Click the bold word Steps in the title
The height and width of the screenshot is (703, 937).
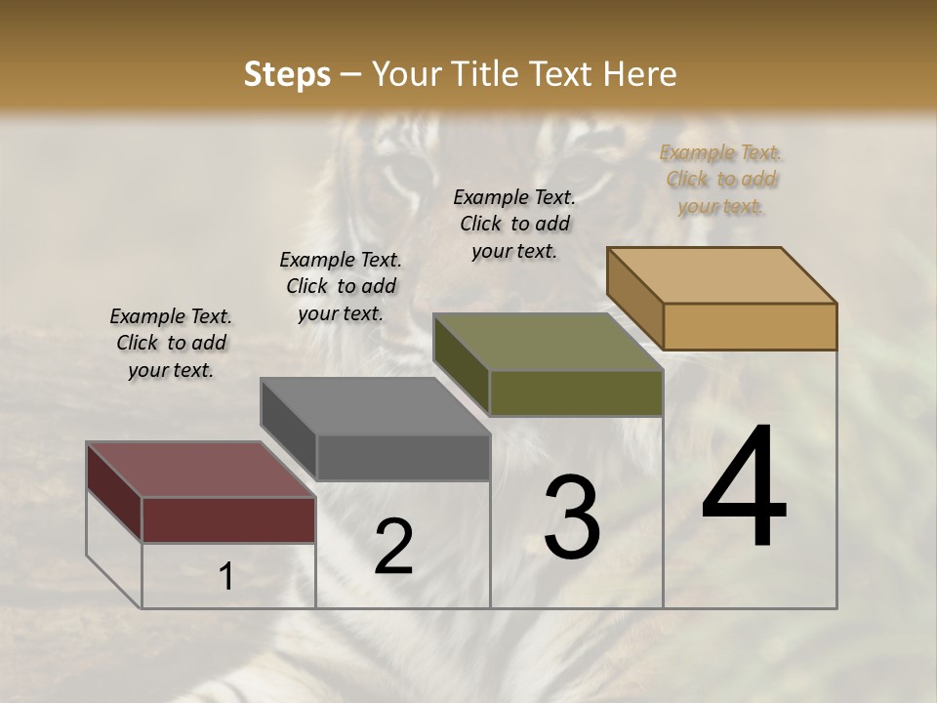[287, 74]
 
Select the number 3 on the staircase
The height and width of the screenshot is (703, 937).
[572, 517]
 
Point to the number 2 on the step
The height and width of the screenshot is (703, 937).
[394, 547]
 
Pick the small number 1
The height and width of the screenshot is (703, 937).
[225, 577]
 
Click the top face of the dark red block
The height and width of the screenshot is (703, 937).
[200, 470]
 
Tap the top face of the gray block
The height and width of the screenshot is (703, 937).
[375, 406]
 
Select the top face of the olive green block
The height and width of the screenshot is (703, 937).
[548, 342]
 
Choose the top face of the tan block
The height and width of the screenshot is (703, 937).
[721, 275]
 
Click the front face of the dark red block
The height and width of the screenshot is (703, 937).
[228, 519]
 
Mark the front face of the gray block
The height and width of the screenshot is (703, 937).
[403, 457]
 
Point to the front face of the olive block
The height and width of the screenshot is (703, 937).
[576, 393]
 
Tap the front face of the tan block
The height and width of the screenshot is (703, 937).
[750, 326]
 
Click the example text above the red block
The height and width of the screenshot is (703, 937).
[171, 343]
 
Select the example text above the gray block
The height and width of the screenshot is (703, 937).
[341, 286]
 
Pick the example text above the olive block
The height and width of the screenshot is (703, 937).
[514, 224]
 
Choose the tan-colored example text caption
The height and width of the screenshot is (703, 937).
[721, 179]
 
